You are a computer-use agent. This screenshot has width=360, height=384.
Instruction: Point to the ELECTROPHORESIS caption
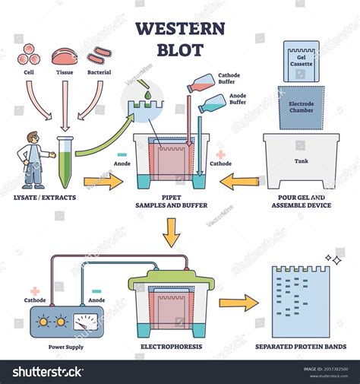coord(171,347)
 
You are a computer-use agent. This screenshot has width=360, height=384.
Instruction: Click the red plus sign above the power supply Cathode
coord(34,291)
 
